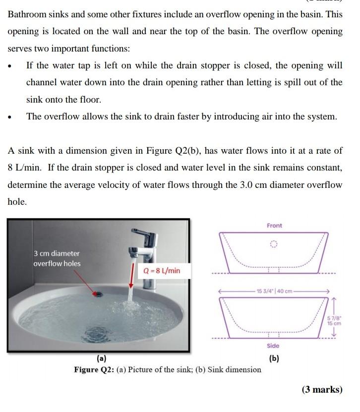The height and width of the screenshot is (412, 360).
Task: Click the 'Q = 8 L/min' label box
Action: (162, 271)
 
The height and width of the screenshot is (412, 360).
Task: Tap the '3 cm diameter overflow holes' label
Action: (57, 258)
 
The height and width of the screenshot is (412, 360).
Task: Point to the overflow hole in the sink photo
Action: (98, 294)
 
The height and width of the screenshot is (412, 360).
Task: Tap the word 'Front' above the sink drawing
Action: (274, 226)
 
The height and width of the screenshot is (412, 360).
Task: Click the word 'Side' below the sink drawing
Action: (273, 346)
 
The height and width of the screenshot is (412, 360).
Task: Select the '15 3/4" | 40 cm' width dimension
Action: (274, 291)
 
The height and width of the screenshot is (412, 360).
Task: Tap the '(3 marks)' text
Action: (322, 390)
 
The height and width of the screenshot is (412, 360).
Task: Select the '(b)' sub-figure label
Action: (273, 358)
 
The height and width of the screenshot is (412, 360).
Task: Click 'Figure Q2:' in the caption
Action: (94, 370)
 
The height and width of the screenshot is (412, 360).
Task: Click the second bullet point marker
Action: (10, 118)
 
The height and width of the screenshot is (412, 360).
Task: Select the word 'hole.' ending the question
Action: (17, 202)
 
